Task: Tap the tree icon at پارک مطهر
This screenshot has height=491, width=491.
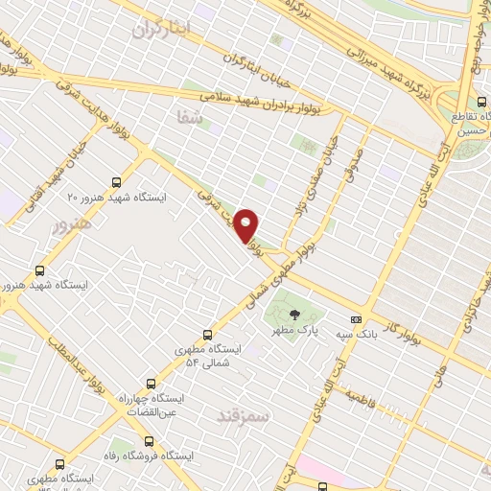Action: (x=294, y=314)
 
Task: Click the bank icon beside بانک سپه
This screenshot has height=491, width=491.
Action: (x=357, y=319)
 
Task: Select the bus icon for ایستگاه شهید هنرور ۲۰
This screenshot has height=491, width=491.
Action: (x=116, y=181)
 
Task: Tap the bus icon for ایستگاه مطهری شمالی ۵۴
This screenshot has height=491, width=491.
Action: (x=208, y=335)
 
